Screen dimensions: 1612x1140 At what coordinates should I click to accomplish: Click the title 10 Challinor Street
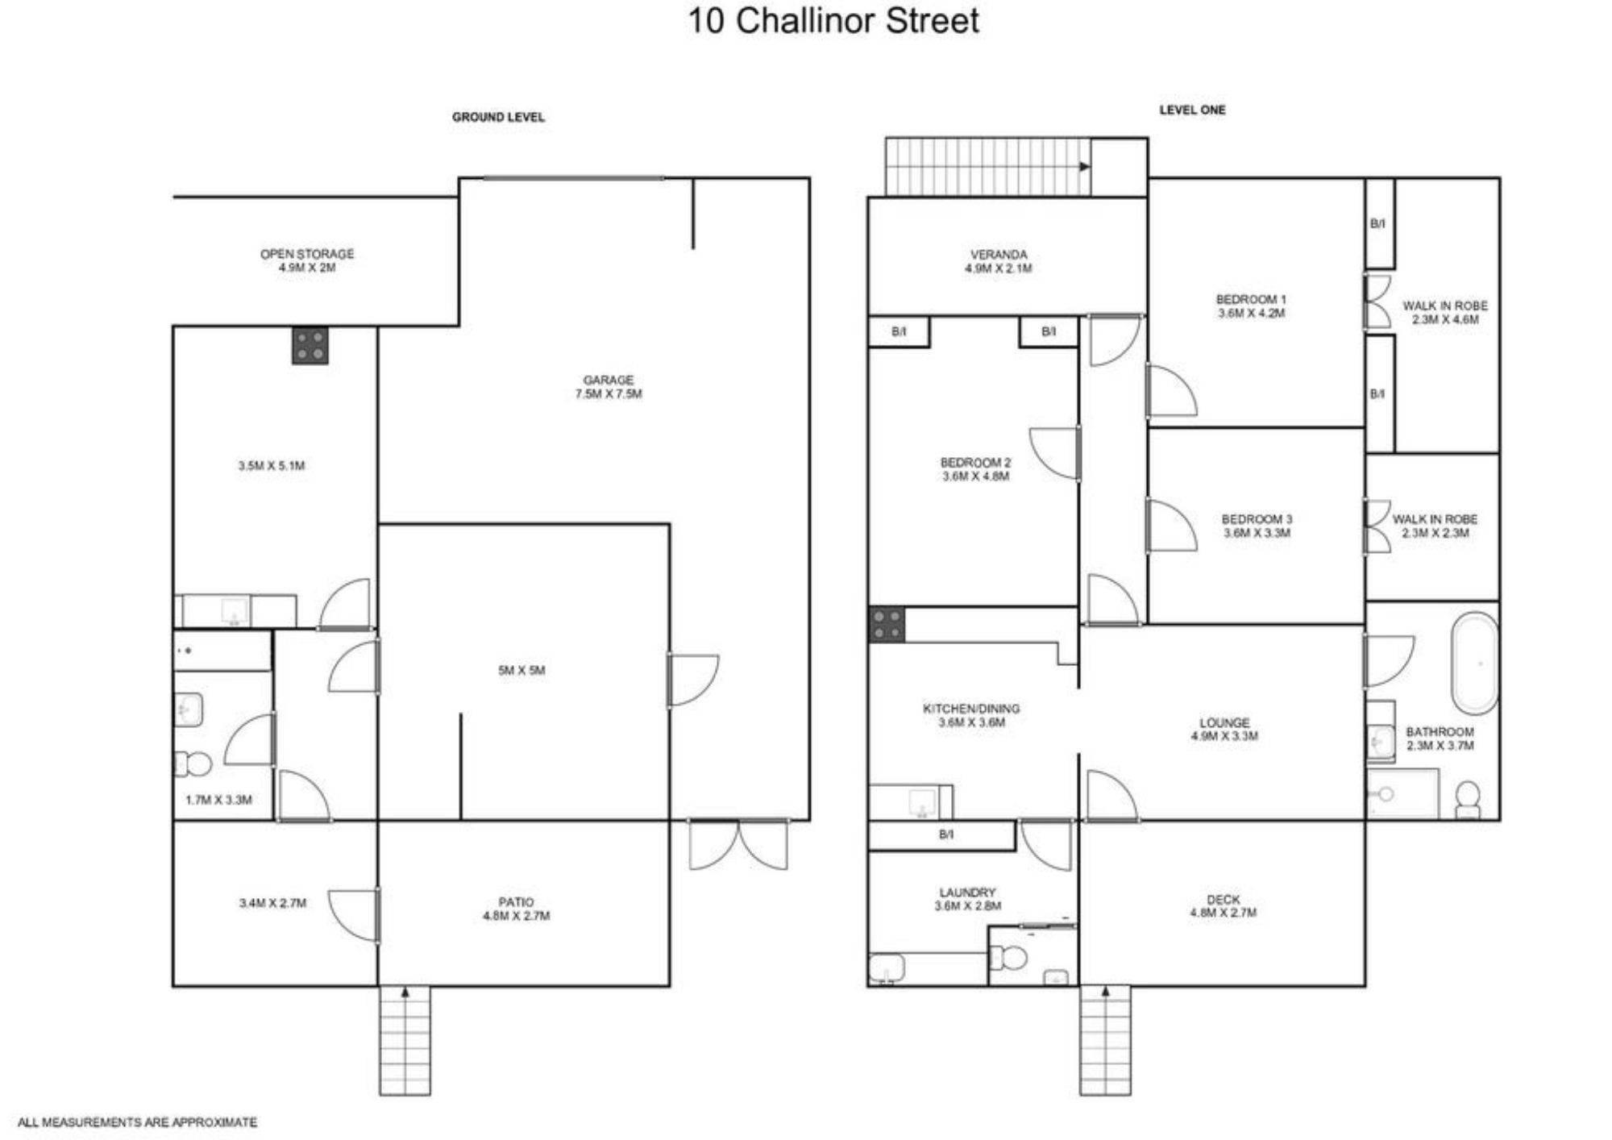pyautogui.click(x=833, y=20)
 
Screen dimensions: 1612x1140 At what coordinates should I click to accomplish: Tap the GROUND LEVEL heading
pyautogui.click(x=498, y=117)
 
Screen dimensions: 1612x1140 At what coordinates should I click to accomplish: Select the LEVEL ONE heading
pyautogui.click(x=1192, y=110)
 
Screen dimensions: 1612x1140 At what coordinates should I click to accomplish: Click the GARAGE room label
pyautogui.click(x=609, y=380)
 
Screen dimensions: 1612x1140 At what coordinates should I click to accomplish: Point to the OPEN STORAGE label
pyautogui.click(x=307, y=253)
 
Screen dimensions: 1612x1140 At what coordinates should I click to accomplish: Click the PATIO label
pyautogui.click(x=516, y=901)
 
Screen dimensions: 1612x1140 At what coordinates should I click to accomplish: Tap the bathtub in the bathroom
pyautogui.click(x=1475, y=664)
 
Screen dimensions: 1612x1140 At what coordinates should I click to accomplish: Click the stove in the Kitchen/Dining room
pyautogui.click(x=887, y=625)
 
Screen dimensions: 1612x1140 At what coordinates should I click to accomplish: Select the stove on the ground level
pyautogui.click(x=310, y=346)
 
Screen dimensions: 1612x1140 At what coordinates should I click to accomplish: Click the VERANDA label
pyautogui.click(x=999, y=254)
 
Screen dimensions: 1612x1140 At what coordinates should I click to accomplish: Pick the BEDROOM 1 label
pyautogui.click(x=1251, y=299)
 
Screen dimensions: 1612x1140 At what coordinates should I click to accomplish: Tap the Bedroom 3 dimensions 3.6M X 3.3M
pyautogui.click(x=1257, y=533)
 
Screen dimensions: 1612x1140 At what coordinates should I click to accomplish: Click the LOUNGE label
pyautogui.click(x=1224, y=722)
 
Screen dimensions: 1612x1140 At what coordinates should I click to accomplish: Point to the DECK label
pyautogui.click(x=1223, y=899)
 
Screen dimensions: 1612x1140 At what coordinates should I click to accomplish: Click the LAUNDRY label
pyautogui.click(x=967, y=892)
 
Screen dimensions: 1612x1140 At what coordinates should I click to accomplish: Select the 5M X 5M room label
pyautogui.click(x=521, y=670)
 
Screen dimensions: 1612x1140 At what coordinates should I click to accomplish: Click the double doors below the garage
pyautogui.click(x=738, y=845)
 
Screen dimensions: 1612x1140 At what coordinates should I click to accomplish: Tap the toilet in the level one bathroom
pyautogui.click(x=1468, y=799)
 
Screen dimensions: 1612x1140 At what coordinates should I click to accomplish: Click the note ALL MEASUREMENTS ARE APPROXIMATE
pyautogui.click(x=138, y=1121)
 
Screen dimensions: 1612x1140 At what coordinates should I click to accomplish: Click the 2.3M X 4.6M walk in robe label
pyautogui.click(x=1445, y=319)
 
